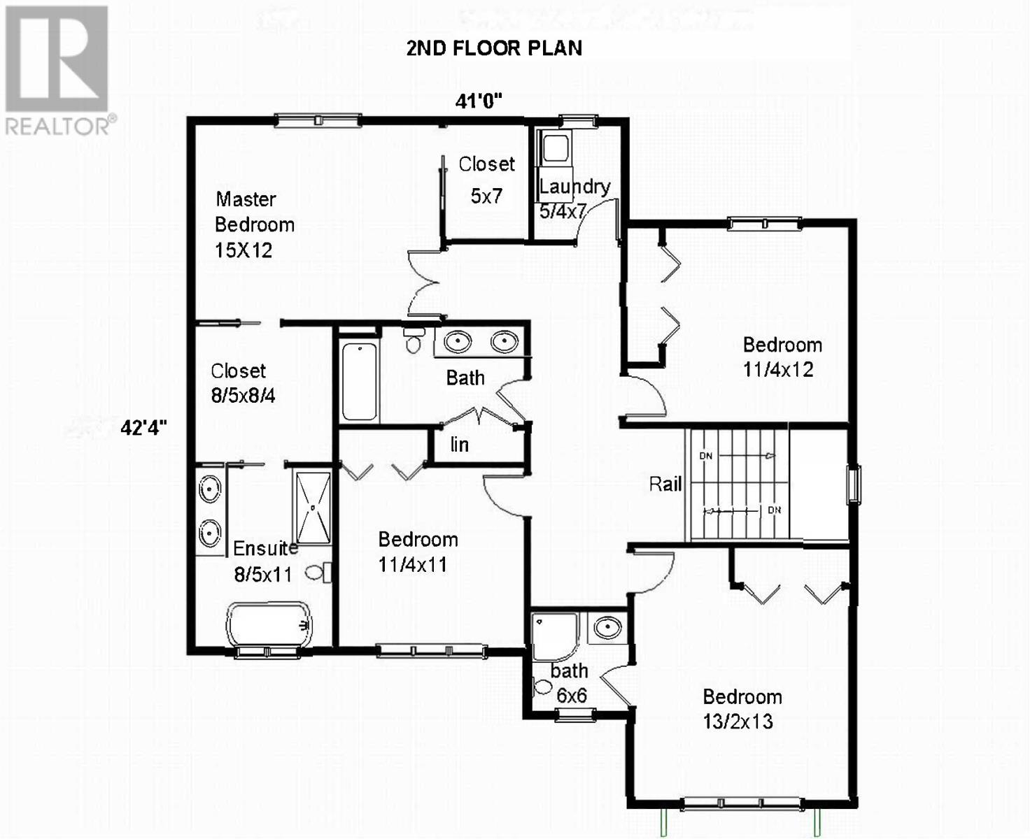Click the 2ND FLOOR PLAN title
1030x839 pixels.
pos(494,48)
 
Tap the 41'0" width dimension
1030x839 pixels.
pos(479,101)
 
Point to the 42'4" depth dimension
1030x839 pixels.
pos(143,427)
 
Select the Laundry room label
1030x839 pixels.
pos(574,187)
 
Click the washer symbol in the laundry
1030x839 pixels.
pos(556,148)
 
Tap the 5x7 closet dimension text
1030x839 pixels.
pos(486,196)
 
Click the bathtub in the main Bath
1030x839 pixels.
pos(360,381)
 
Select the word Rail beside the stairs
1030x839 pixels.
pos(665,484)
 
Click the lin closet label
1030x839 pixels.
pos(459,445)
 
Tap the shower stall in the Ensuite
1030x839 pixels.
pos(312,508)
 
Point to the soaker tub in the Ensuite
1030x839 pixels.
pos(269,624)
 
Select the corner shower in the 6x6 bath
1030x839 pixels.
pos(553,636)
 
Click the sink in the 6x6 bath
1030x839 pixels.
pos(607,627)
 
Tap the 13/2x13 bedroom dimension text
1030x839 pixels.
pos(738,722)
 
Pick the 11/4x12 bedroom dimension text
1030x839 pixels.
pos(778,370)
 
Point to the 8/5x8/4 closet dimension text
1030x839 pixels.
pos(243,396)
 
